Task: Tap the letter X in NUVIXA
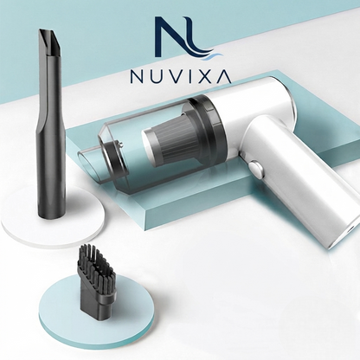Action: coord(207,76)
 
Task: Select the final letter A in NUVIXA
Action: coord(224,76)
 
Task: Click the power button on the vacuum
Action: coord(256,170)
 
